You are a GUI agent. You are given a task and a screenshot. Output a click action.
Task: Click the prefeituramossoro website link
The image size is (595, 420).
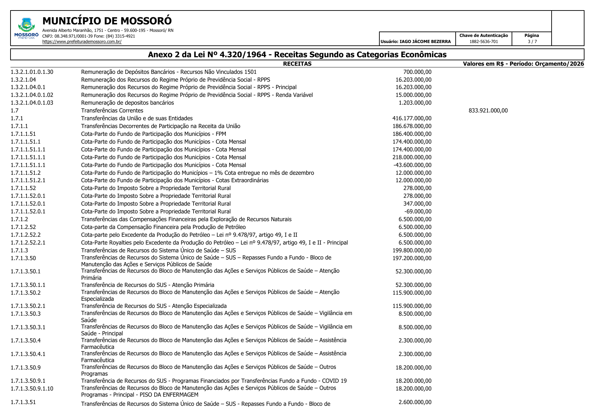[82, 42]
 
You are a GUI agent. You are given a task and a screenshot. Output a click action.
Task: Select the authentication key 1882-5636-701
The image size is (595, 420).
[483, 42]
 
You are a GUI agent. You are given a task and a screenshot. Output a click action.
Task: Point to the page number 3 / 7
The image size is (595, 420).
[532, 42]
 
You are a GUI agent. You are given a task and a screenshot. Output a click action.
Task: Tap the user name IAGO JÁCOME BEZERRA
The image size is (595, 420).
[425, 42]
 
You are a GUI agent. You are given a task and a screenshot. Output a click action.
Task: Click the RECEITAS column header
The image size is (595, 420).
[297, 64]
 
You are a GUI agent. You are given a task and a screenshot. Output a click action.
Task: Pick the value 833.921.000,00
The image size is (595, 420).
[488, 110]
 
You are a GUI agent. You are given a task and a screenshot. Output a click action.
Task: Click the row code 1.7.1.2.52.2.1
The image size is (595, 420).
[28, 243]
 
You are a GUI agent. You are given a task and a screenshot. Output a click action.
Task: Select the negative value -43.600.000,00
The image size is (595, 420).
[412, 165]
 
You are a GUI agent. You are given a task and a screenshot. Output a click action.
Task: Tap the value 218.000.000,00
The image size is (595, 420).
[412, 157]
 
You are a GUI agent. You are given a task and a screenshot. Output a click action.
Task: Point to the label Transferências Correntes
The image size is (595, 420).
[112, 110]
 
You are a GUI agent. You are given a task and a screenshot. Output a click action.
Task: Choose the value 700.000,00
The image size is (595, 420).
[417, 72]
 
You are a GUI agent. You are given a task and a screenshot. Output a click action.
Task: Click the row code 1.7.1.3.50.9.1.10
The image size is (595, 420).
[32, 388]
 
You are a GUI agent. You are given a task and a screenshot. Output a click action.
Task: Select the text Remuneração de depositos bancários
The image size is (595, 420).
[127, 103]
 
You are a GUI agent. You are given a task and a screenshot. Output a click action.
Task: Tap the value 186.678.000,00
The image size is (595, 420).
[412, 126]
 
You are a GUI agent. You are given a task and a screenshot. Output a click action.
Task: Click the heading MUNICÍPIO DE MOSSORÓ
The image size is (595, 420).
[107, 21]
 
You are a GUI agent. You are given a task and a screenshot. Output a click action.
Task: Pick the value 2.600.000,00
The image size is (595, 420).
[415, 402]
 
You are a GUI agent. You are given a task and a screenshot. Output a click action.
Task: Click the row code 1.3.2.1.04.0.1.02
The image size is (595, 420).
[32, 95]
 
